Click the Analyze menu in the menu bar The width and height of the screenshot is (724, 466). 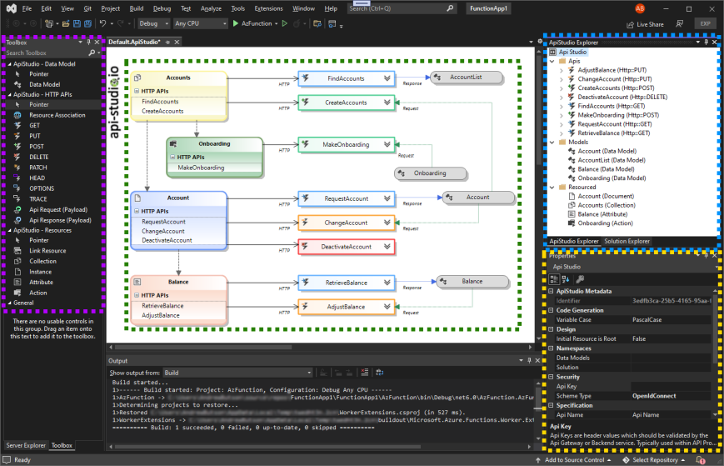(212, 8)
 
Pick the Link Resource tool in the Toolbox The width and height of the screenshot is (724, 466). (47, 251)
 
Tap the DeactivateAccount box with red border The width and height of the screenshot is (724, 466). (346, 247)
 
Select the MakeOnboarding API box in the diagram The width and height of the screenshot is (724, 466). (346, 144)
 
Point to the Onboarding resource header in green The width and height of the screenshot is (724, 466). (215, 143)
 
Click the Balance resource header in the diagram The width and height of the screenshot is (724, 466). (178, 282)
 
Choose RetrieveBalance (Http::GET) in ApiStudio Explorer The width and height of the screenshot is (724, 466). (612, 133)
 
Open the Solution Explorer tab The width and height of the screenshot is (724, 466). (627, 242)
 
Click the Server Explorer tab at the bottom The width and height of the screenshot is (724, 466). (26, 446)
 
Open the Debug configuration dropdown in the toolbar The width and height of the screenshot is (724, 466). (154, 24)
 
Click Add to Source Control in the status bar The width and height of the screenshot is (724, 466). (574, 460)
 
